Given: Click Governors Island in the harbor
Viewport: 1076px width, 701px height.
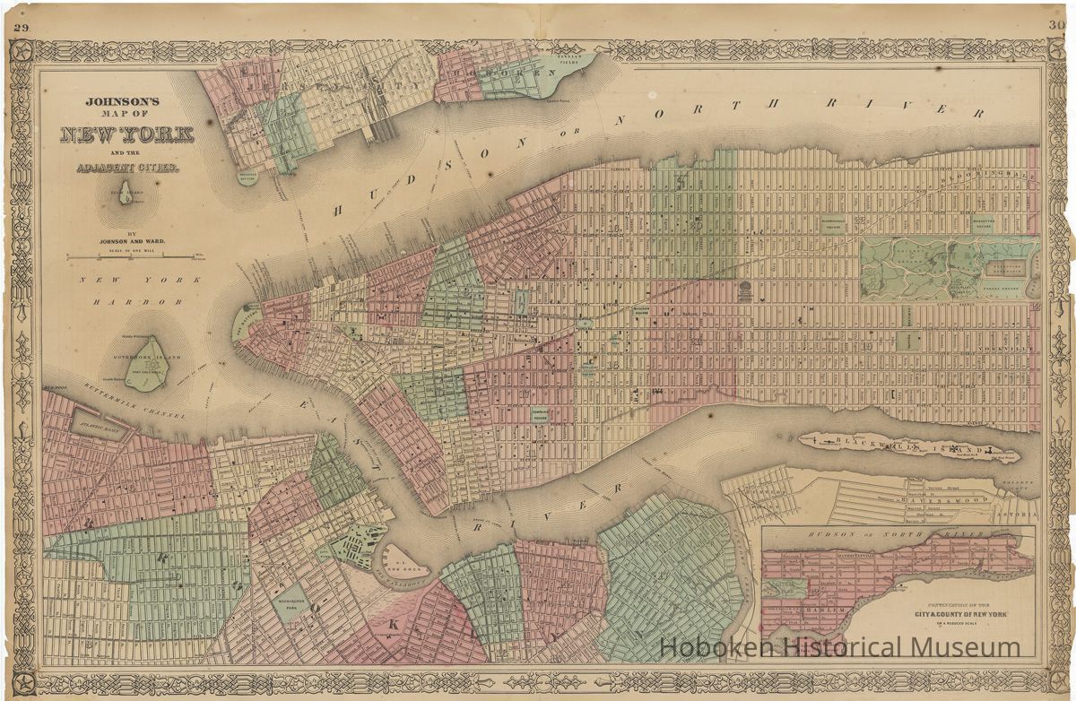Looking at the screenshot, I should (x=146, y=362).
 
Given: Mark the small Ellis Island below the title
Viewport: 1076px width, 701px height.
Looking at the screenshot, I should (x=126, y=193).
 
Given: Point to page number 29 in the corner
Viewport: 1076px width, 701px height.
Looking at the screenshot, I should (x=22, y=27).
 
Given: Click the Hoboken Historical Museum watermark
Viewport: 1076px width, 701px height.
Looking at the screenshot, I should (x=840, y=647).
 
